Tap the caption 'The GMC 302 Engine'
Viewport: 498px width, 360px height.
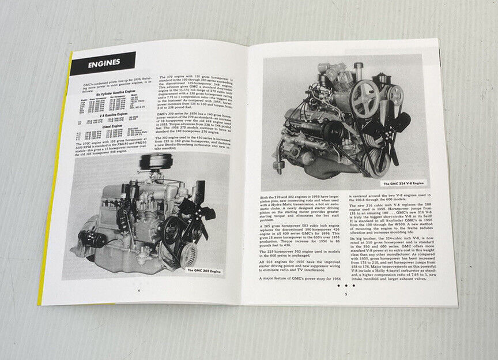click(207, 270)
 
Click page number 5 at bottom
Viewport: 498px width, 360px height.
click(345, 295)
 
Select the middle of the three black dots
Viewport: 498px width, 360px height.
click(346, 285)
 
